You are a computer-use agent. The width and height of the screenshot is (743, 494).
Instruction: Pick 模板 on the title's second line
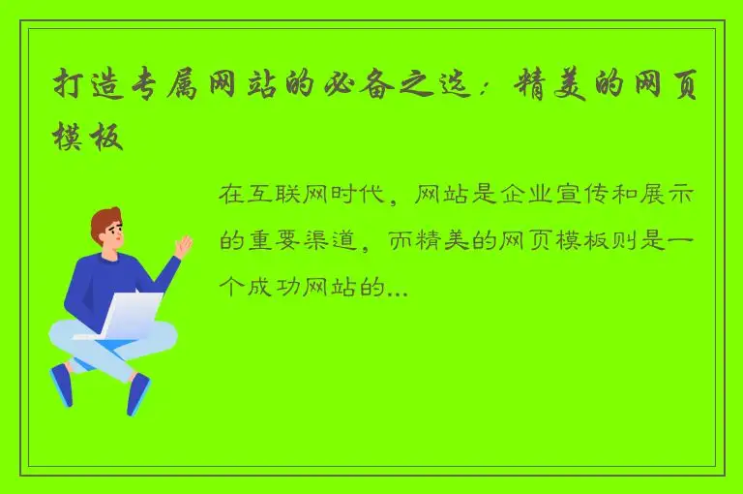coord(89,138)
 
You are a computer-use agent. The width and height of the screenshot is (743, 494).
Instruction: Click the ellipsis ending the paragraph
coord(398,290)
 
